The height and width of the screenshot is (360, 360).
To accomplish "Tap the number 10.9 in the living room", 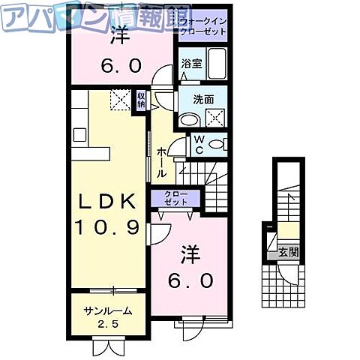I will pyautogui.click(x=106, y=226).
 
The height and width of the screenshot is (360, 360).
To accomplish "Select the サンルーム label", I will pyautogui.click(x=108, y=310).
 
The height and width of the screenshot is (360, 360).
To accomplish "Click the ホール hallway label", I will pyautogui.click(x=162, y=162).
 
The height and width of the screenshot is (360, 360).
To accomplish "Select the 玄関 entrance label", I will pyautogui.click(x=288, y=252).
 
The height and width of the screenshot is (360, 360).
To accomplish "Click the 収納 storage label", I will pyautogui.click(x=141, y=100).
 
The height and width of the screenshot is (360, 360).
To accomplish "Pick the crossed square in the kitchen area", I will pyautogui.click(x=121, y=100).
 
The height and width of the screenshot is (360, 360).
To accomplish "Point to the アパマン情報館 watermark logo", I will pyautogui.click(x=85, y=16).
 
